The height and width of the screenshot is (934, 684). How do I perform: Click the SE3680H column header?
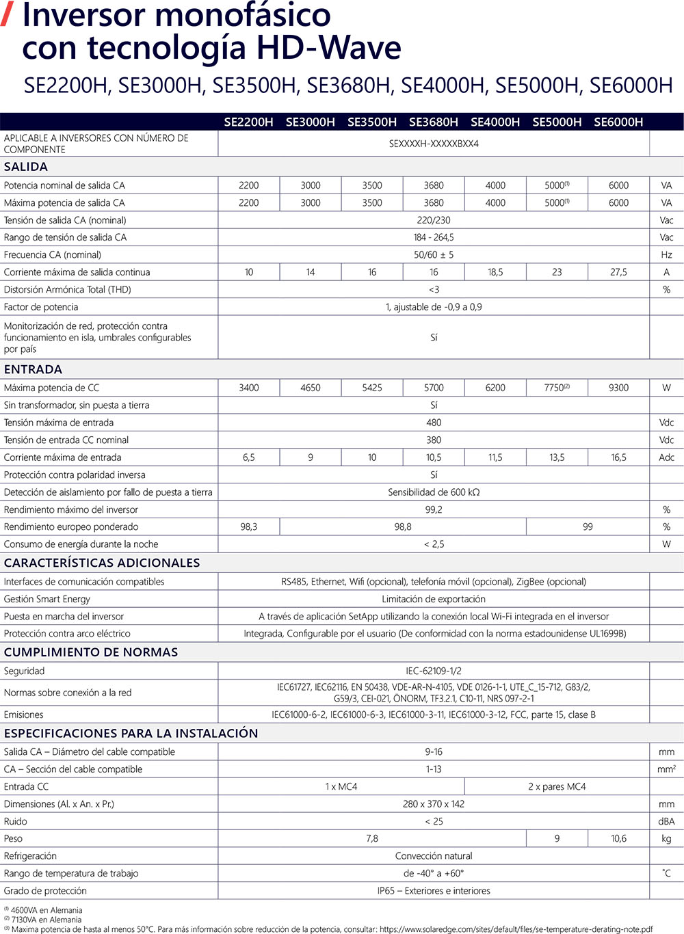point(433,122)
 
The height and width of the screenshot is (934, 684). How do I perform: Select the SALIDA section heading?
point(26,167)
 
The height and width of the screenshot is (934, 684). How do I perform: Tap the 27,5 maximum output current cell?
point(618,272)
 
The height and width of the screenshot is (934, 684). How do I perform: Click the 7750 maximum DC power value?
point(556,388)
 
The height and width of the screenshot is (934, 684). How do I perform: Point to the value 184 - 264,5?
point(434,237)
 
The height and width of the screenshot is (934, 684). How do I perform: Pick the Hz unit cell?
point(666,255)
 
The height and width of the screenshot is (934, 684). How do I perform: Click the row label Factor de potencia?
point(41,307)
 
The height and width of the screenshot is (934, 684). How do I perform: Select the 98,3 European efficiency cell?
point(249,526)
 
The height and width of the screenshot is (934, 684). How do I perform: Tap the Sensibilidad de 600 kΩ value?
point(434,492)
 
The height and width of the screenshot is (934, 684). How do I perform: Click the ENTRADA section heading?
point(33,369)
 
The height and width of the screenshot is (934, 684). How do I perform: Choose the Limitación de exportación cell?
point(434,599)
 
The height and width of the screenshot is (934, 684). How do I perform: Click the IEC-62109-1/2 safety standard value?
point(434,671)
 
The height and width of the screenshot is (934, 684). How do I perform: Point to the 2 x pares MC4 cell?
point(557,786)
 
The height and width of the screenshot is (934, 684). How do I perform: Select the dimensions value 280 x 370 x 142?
point(434,804)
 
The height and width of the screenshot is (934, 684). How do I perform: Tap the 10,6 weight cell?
point(618,838)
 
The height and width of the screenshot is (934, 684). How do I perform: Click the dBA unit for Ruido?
point(666,821)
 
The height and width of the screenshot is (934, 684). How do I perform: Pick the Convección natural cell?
point(434,856)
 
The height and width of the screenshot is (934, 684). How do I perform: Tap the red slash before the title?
point(8,15)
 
